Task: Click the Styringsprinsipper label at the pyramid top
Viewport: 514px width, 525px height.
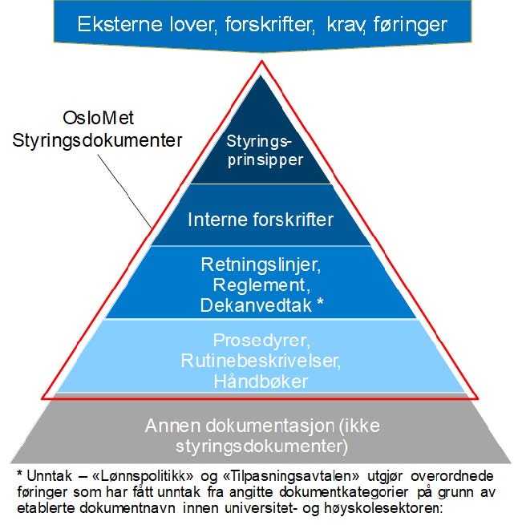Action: click(265, 151)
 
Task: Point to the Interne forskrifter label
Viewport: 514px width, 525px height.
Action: click(261, 218)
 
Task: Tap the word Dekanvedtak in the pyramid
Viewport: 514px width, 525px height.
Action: click(255, 305)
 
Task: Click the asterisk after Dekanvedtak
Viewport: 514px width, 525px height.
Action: click(321, 303)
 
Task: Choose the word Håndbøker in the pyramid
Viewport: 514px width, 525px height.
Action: click(261, 382)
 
